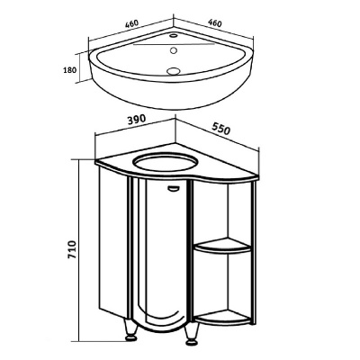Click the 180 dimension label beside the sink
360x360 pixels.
click(x=70, y=70)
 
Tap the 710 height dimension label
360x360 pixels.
click(x=72, y=250)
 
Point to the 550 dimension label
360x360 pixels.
click(x=221, y=128)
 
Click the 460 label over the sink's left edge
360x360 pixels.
click(x=131, y=24)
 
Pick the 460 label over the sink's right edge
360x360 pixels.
click(x=215, y=23)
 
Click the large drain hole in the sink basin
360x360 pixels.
click(x=173, y=71)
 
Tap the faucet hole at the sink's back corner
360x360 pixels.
click(x=174, y=36)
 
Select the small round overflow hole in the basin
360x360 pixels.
click(x=173, y=50)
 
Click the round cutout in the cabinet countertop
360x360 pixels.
click(x=166, y=162)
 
